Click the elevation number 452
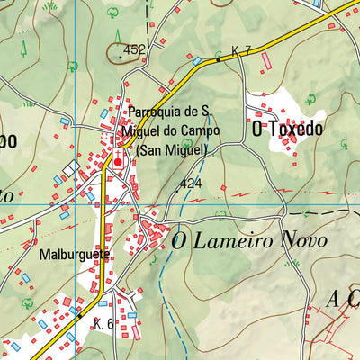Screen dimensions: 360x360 click(x=135, y=50)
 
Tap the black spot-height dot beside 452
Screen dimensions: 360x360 click(x=121, y=56)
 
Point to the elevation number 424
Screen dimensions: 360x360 click(x=190, y=184)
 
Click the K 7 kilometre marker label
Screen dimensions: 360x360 click(x=240, y=50)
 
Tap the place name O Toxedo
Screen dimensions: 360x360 click(x=287, y=129)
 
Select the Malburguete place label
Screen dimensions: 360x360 click(x=74, y=255)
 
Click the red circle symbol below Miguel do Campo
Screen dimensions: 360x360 click(x=117, y=163)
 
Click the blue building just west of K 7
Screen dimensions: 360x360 click(x=197, y=60)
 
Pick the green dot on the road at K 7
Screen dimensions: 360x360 click(x=218, y=59)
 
